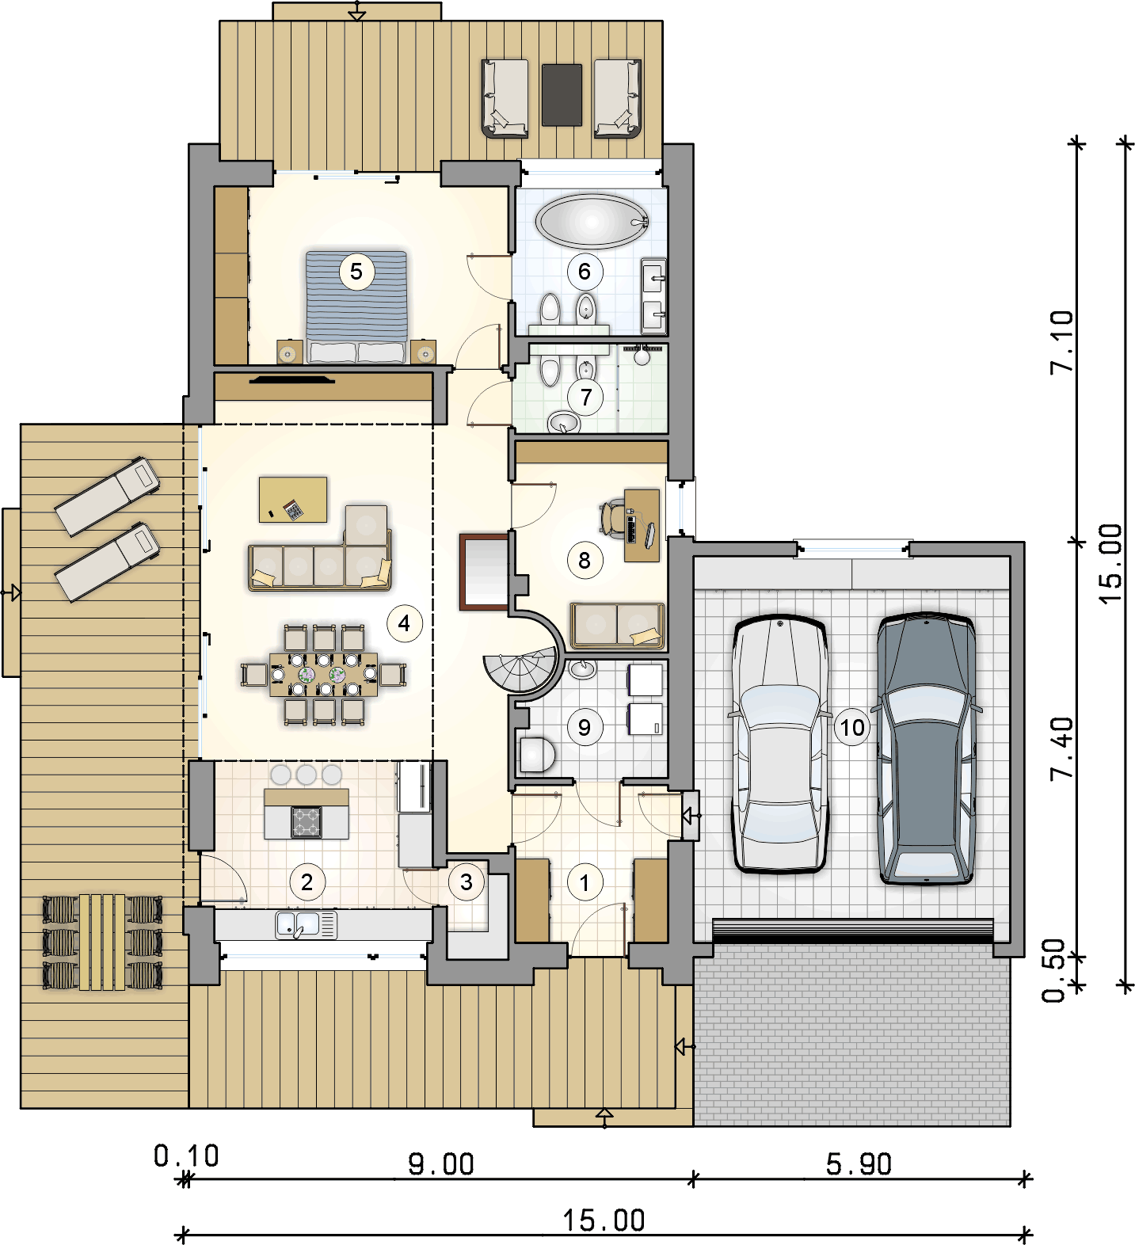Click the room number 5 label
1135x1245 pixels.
coord(356,272)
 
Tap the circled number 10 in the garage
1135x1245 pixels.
coord(852,727)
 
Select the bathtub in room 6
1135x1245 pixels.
coord(592,220)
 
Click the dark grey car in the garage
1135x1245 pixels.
coord(926,748)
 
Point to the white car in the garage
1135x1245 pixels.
coord(780,744)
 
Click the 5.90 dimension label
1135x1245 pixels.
coord(859,1164)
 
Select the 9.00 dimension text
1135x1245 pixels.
coord(441,1164)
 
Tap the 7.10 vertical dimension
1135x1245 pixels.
coord(1061,341)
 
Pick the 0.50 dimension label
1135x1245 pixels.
coord(1054,971)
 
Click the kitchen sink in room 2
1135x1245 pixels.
coord(306,924)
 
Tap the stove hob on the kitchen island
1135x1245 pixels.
coord(306,821)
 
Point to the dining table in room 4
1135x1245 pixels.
coord(324,674)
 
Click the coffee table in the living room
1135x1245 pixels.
coord(293,499)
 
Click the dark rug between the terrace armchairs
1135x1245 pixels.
coord(562,94)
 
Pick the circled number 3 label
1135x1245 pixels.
coord(467,881)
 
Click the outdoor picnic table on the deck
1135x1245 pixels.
coord(102,942)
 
